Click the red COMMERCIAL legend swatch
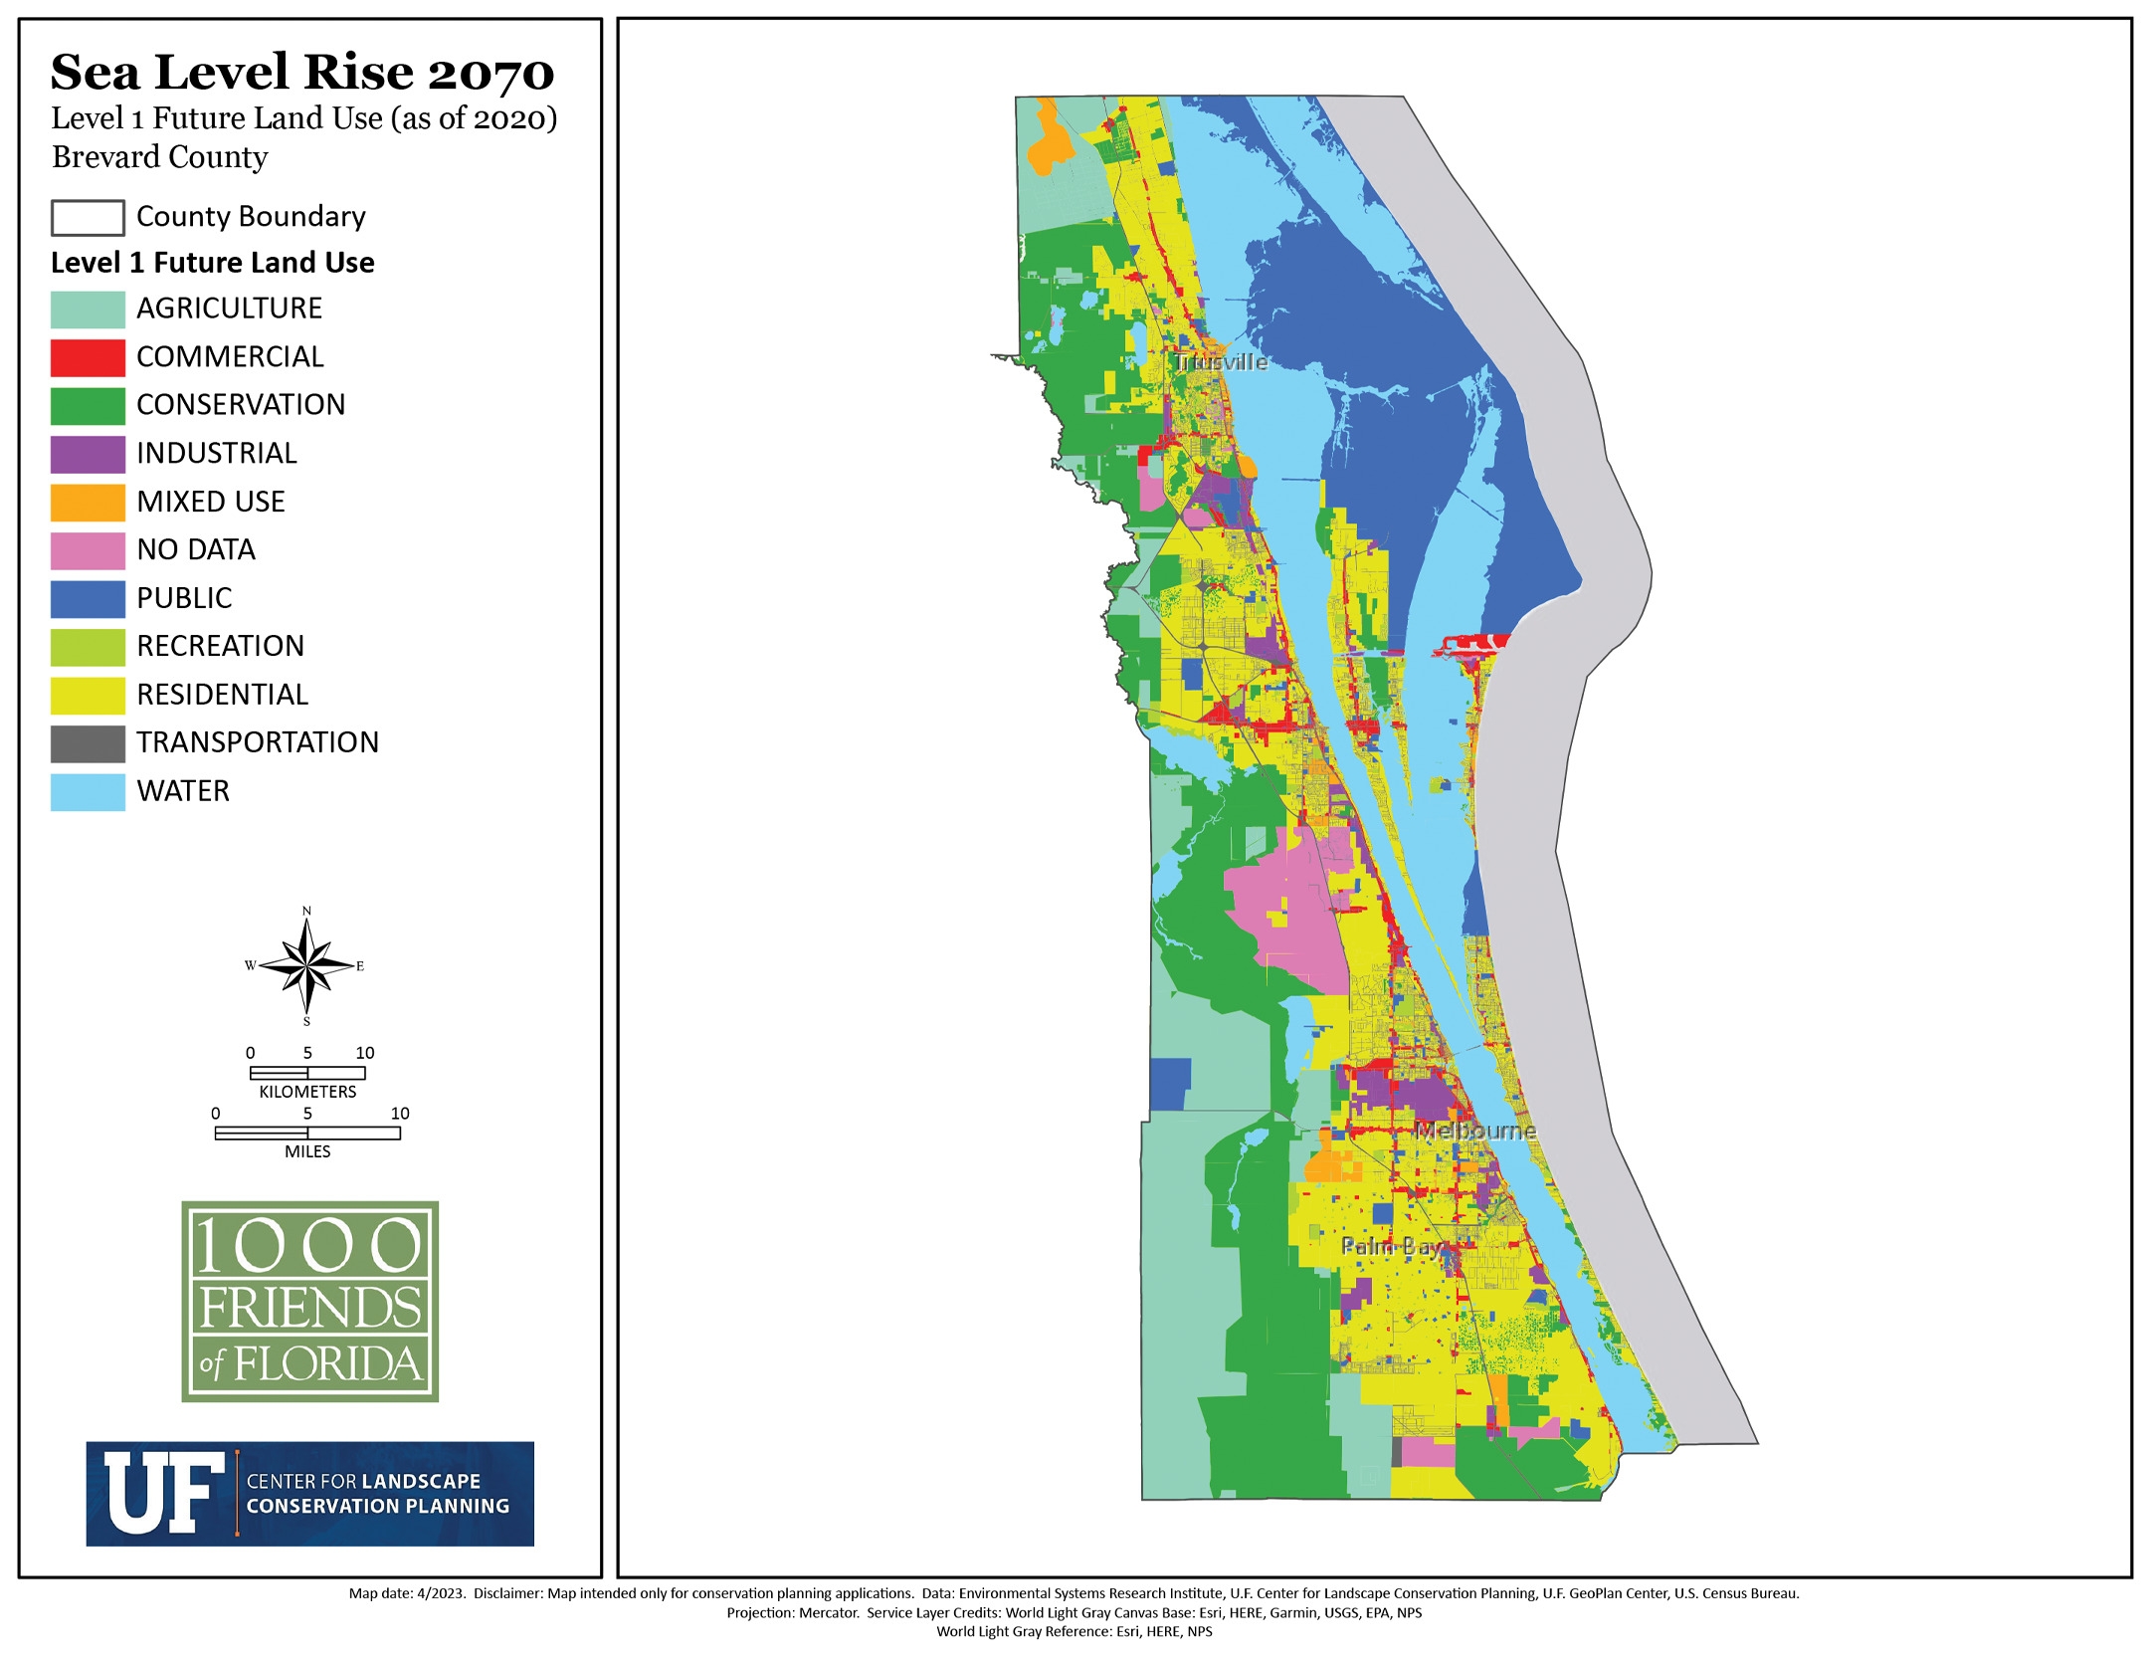point(88,357)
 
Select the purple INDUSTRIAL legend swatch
point(88,454)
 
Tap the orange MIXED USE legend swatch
point(88,503)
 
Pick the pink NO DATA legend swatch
point(88,550)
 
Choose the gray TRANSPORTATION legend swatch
point(88,743)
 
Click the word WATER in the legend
point(183,791)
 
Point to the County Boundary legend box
point(88,217)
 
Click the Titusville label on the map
point(1220,362)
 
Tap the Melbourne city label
point(1475,1131)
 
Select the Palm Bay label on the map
point(1390,1246)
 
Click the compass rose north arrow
point(307,965)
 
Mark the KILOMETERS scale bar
point(307,1073)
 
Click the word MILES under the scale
point(307,1151)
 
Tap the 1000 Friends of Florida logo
point(309,1301)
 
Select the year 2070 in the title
point(490,73)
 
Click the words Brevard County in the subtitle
point(160,157)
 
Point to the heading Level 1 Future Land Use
point(212,263)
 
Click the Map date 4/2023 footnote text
point(407,1593)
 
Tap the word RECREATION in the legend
point(220,647)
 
